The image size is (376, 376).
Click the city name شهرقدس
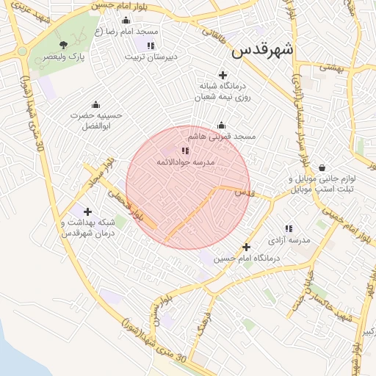pyautogui.click(x=262, y=50)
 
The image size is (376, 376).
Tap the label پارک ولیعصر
pyautogui.click(x=63, y=57)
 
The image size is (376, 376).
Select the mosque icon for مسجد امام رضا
pyautogui.click(x=126, y=21)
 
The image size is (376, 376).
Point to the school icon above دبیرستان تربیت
pyautogui.click(x=151, y=46)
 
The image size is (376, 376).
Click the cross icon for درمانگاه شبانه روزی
pyautogui.click(x=223, y=74)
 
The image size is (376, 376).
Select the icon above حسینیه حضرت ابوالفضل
pyautogui.click(x=95, y=104)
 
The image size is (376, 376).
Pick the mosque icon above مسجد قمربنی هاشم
pyautogui.click(x=221, y=126)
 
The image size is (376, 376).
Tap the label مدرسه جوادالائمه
pyautogui.click(x=185, y=162)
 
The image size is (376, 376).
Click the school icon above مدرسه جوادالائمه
pyautogui.click(x=184, y=151)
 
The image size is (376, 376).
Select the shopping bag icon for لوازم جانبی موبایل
pyautogui.click(x=322, y=167)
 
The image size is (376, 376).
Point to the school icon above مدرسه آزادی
pyautogui.click(x=289, y=229)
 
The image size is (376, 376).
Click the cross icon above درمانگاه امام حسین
pyautogui.click(x=247, y=247)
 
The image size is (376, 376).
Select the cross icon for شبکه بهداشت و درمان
pyautogui.click(x=89, y=211)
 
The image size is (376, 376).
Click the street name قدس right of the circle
pyautogui.click(x=244, y=192)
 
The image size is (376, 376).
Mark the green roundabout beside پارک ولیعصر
pyautogui.click(x=21, y=50)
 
